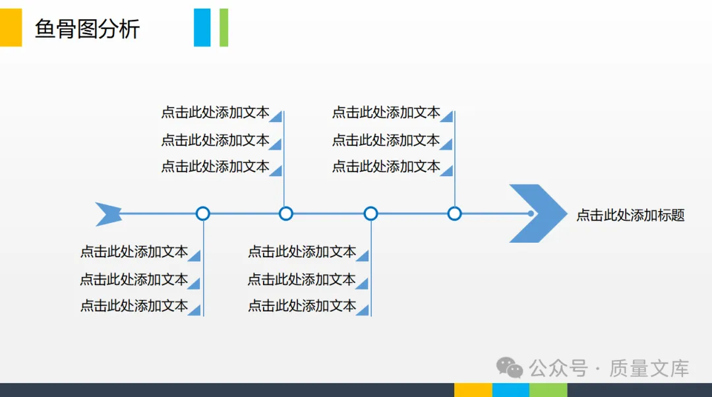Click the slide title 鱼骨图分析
[87, 29]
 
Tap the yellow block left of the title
[11, 27]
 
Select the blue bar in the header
[202, 27]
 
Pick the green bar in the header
[223, 27]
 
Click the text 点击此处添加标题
[630, 215]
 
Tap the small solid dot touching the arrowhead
[531, 214]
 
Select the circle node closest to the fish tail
[203, 214]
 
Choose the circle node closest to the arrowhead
[454, 214]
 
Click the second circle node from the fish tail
[285, 214]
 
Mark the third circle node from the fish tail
[371, 214]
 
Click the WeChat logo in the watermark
[510, 367]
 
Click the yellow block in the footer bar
[473, 390]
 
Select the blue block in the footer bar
[510, 390]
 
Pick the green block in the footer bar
[548, 390]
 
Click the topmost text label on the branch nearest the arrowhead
[386, 113]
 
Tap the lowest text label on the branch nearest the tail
[134, 306]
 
